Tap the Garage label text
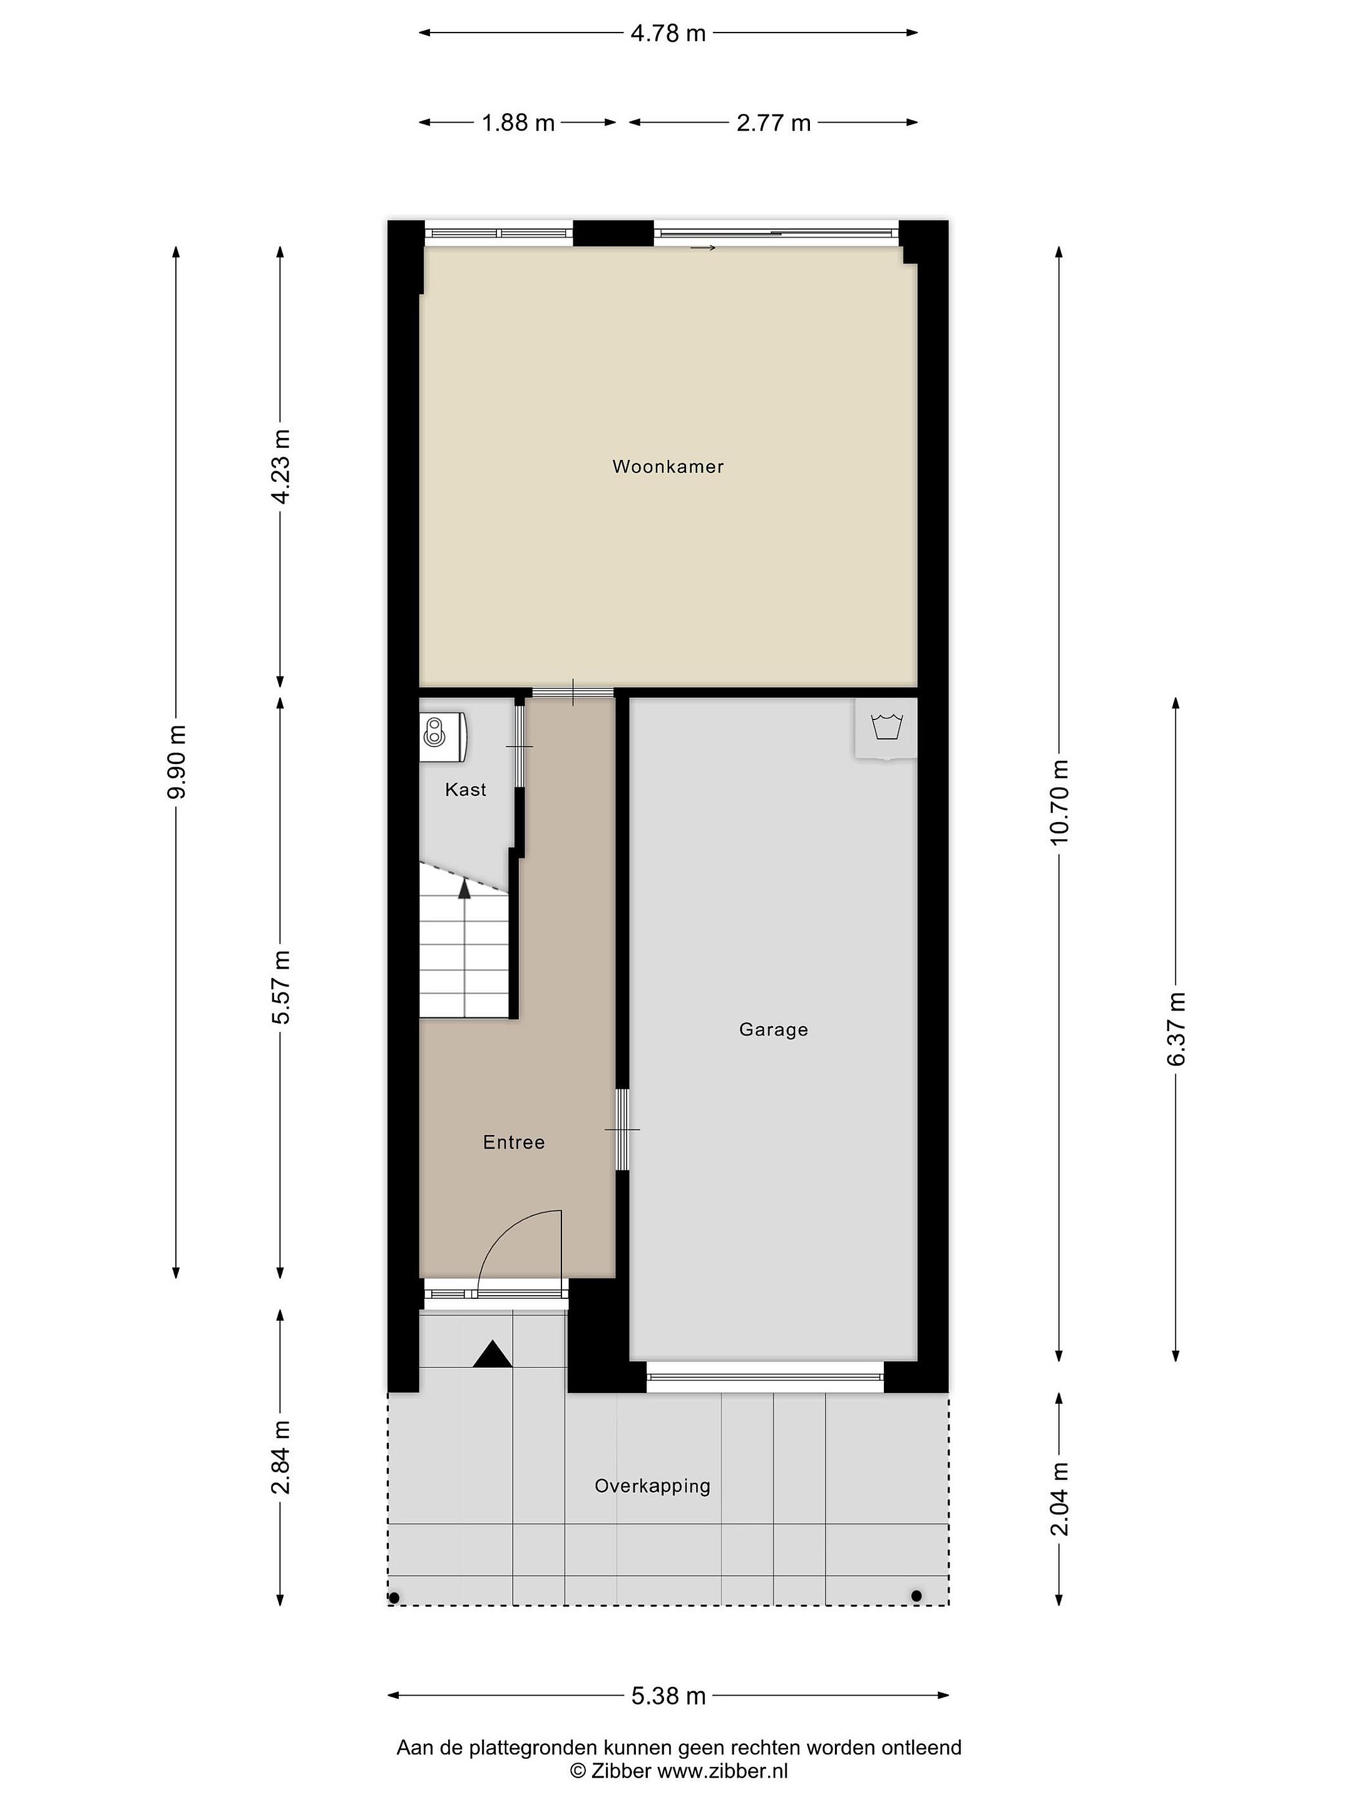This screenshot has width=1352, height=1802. tap(774, 1030)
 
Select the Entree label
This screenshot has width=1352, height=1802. tap(513, 1142)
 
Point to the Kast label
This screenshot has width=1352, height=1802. tap(465, 790)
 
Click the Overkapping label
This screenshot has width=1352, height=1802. tap(652, 1486)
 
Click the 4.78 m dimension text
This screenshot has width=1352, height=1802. tap(668, 33)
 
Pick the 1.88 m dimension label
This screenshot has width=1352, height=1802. tap(518, 123)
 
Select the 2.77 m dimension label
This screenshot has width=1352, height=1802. tap(774, 123)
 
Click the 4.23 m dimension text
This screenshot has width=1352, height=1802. tap(281, 467)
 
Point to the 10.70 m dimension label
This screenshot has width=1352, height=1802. tap(1060, 802)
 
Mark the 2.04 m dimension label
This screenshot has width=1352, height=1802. tap(1060, 1499)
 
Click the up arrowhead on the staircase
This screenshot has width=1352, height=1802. tap(464, 888)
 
